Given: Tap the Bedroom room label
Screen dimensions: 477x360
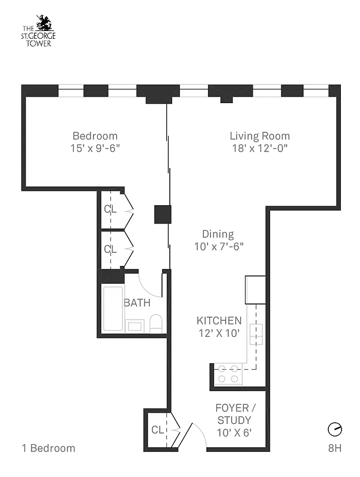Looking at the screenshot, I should click(x=95, y=136).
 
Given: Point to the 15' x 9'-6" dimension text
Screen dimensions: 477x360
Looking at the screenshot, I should click(x=95, y=148).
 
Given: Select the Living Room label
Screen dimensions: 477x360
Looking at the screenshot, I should click(x=260, y=136).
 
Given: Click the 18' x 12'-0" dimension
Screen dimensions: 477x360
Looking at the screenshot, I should click(x=260, y=148).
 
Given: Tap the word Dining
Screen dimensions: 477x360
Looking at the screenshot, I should click(x=218, y=234).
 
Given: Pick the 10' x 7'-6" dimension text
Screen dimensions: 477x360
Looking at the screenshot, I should click(x=219, y=246).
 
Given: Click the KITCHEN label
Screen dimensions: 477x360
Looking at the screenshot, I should click(x=219, y=321).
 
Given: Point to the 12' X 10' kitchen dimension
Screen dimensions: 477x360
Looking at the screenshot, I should click(x=219, y=333).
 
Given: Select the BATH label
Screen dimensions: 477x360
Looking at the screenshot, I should click(x=136, y=303).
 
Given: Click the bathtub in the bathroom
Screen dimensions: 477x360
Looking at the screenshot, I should click(x=113, y=309).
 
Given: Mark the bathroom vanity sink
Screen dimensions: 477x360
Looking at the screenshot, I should click(x=135, y=326).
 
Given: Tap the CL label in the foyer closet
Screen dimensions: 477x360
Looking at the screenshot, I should click(x=157, y=430).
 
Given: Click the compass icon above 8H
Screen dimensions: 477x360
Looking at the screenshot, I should click(x=335, y=429).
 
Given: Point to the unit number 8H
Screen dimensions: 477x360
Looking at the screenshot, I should click(x=334, y=448).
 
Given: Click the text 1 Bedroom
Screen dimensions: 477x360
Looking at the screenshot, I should click(x=48, y=448).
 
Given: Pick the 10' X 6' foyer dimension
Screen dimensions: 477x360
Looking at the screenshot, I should click(x=234, y=433).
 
